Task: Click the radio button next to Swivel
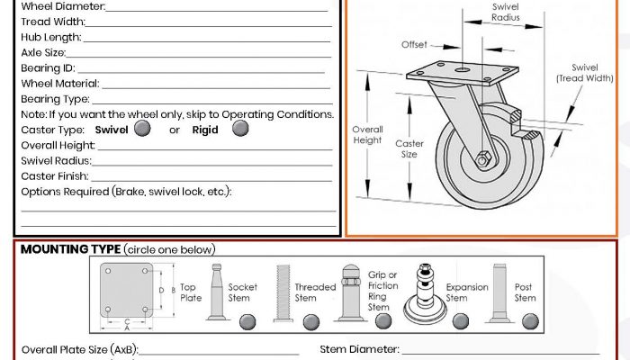142,129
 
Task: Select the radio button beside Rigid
240,129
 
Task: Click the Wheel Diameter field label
62,6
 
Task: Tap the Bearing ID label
48,67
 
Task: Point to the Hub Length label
50,37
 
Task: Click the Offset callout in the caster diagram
414,44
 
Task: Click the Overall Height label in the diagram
367,134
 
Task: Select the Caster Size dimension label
409,148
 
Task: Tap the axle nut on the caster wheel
484,159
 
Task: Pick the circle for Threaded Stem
311,320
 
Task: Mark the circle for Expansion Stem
464,320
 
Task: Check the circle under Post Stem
529,320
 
